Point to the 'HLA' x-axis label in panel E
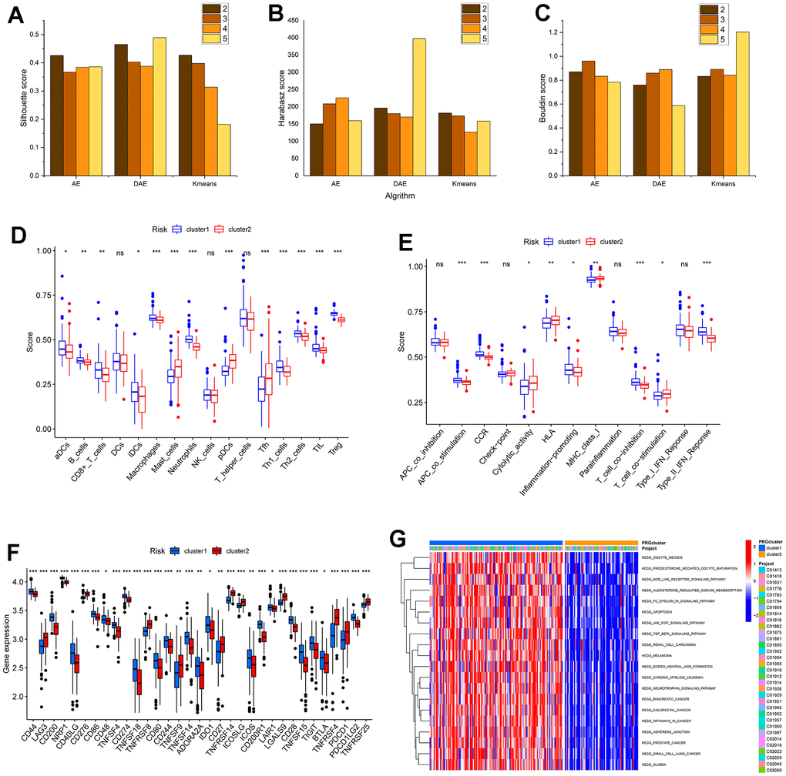click(x=548, y=443)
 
